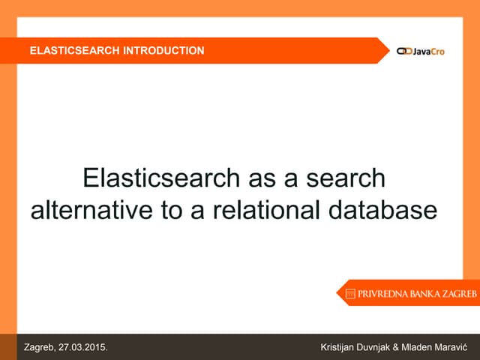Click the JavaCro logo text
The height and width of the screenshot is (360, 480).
click(x=429, y=51)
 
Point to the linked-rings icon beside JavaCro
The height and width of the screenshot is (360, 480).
click(x=404, y=51)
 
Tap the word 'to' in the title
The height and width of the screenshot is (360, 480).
click(x=173, y=209)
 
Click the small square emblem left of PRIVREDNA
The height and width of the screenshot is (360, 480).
click(x=350, y=295)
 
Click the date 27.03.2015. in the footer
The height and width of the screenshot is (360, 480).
click(x=83, y=347)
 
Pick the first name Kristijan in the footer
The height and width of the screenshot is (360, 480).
click(x=340, y=347)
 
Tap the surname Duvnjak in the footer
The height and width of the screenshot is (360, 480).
click(x=385, y=347)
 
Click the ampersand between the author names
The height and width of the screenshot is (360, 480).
click(x=413, y=347)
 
